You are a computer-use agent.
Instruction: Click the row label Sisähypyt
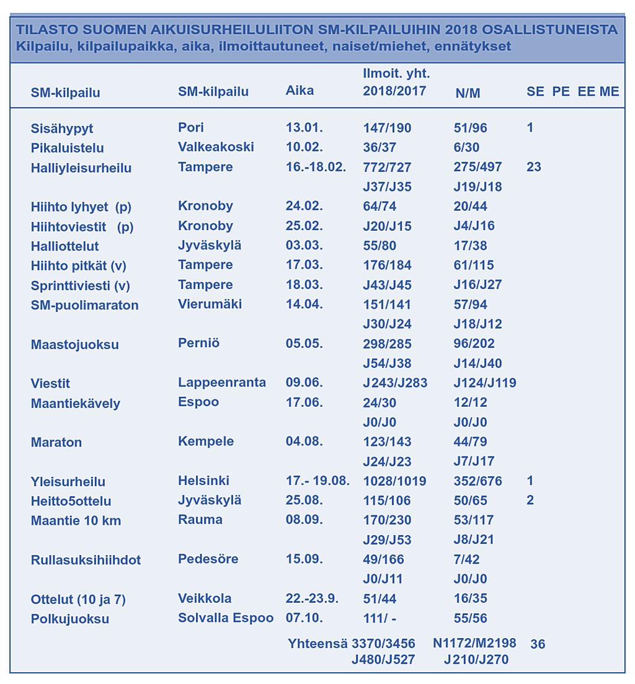(x=62, y=129)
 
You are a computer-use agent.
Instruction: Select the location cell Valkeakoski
(x=216, y=147)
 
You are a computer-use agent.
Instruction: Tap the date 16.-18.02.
(x=316, y=167)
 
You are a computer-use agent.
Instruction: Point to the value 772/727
(x=388, y=167)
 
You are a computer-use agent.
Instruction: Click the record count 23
(x=534, y=167)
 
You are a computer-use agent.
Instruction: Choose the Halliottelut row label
(x=65, y=246)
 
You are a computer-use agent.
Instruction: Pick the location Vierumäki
(x=210, y=304)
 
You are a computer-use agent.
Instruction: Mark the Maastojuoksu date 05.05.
(x=304, y=344)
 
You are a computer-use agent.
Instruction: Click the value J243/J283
(x=395, y=383)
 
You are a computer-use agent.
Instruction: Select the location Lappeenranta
(x=222, y=383)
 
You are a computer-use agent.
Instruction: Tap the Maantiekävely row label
(x=76, y=404)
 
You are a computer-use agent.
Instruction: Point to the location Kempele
(x=206, y=442)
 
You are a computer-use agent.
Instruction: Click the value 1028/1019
(x=394, y=481)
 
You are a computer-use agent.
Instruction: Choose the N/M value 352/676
(x=478, y=481)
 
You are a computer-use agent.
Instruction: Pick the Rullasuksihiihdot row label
(x=86, y=560)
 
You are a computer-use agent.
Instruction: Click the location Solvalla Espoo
(x=226, y=618)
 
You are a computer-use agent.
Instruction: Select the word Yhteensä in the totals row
(x=318, y=644)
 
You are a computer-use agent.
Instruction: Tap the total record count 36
(x=538, y=644)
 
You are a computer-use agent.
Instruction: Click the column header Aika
(x=300, y=91)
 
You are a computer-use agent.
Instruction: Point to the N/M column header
(x=468, y=94)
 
